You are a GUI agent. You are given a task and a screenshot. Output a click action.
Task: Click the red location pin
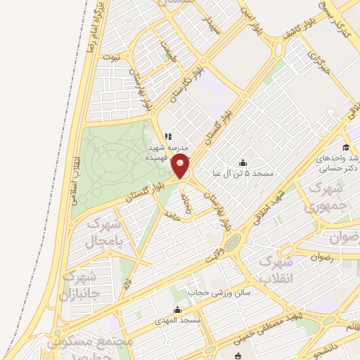coord(181,167)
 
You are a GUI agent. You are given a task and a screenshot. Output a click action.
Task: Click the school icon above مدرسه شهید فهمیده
coord(167,136)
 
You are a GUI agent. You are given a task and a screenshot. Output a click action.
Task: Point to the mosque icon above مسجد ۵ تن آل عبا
coord(243,162)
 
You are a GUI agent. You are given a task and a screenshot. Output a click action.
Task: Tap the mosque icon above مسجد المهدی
coord(177,309)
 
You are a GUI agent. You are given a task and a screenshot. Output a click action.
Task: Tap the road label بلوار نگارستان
coord(189,77)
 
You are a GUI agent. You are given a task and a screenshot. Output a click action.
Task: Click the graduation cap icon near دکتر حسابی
coord(345,147)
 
